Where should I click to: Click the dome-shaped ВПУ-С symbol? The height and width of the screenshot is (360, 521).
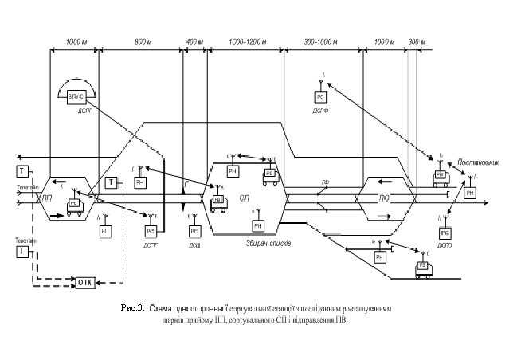tap(76, 95)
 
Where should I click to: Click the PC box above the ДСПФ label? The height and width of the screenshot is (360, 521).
tap(321, 96)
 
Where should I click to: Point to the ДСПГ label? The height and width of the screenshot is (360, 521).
tap(150, 244)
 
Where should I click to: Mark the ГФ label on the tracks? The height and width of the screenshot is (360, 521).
tap(325, 183)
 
